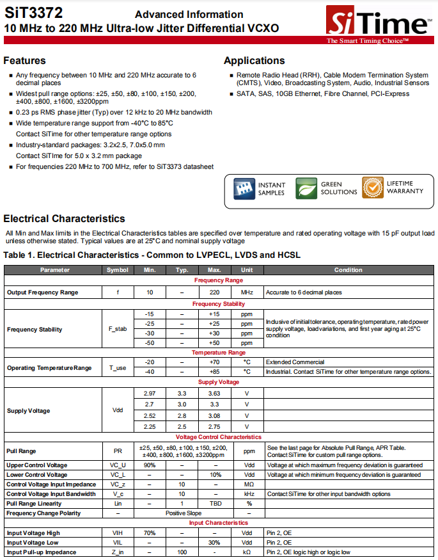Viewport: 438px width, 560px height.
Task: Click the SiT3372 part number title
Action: coord(30,13)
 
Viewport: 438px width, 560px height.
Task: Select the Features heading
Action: coord(24,61)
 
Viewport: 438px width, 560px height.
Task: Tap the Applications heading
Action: coord(254,61)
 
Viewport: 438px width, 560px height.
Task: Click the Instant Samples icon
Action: coord(244,188)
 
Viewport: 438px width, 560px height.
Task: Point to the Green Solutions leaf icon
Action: coord(306,188)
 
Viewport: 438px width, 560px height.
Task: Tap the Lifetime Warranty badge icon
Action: coord(373,188)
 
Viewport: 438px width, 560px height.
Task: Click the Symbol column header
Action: coord(118,270)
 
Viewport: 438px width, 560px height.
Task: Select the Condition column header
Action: coord(348,270)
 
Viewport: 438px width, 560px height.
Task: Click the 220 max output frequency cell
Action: coord(214,292)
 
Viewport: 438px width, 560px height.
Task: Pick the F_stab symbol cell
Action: coord(118,330)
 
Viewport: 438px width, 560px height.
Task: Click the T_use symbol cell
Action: coord(118,367)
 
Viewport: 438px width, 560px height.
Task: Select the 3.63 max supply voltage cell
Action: coord(214,393)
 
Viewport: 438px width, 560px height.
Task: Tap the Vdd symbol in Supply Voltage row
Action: coord(118,410)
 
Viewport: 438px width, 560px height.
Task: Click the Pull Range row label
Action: coord(21,451)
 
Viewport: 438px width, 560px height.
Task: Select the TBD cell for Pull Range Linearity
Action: coord(214,504)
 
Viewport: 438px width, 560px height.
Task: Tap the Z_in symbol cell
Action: coord(118,552)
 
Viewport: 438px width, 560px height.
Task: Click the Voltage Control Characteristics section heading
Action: coord(219,437)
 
